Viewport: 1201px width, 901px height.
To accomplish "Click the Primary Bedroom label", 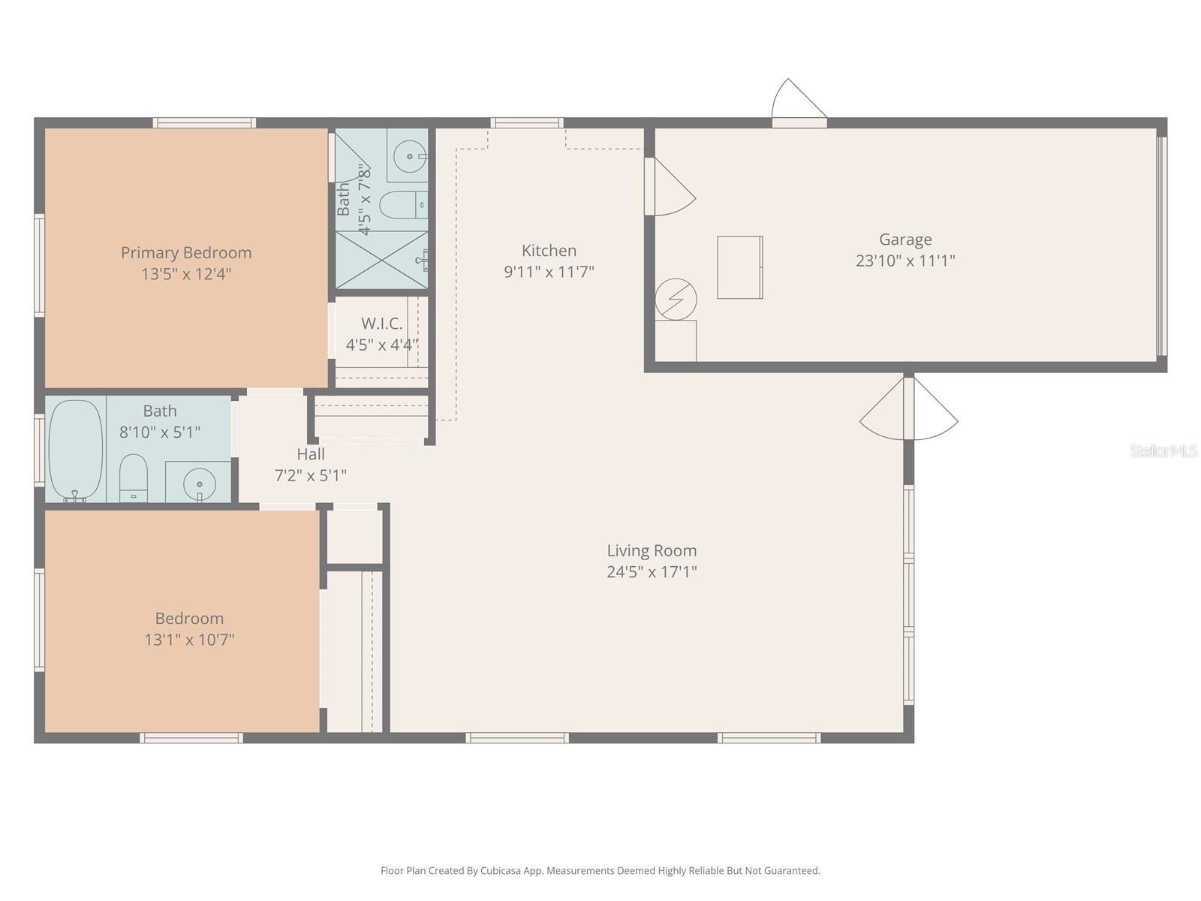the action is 186,253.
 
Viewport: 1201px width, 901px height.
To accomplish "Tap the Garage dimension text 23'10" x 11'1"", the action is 905,261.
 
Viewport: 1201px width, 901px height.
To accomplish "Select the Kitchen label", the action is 549,251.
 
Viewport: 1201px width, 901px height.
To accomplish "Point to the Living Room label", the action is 652,550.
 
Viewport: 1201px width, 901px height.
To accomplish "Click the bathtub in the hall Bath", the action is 76,450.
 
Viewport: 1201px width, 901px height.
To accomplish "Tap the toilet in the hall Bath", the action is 134,478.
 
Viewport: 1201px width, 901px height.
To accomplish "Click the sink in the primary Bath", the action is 410,156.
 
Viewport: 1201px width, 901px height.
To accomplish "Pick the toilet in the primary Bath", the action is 404,204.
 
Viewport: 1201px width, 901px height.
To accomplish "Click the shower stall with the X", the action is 381,260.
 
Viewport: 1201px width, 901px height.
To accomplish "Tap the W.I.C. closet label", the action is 381,324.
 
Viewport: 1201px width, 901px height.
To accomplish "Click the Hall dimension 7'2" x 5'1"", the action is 310,475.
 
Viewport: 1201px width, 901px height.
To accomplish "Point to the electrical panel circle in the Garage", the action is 676,300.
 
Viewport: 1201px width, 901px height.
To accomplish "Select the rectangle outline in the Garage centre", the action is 740,267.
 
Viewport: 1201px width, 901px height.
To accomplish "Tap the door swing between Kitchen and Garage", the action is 675,187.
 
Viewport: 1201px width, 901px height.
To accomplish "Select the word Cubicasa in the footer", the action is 501,870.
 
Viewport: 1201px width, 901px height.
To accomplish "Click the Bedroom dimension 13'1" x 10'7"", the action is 189,640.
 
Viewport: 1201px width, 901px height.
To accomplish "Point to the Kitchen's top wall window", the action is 526,123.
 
